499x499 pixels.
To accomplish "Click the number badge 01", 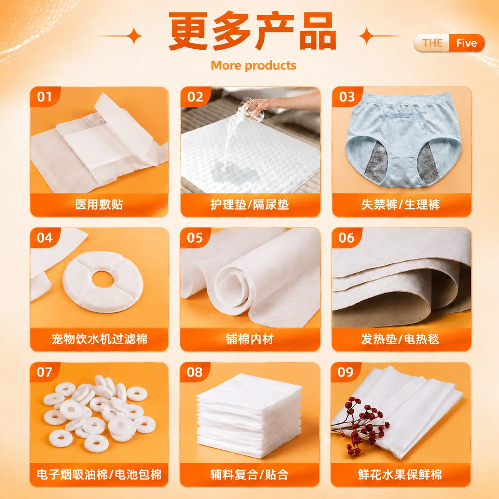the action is click(x=44, y=97).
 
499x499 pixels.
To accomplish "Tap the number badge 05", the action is click(x=195, y=238).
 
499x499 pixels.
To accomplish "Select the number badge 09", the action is click(x=345, y=372).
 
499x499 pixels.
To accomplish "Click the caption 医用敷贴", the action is click(x=99, y=204).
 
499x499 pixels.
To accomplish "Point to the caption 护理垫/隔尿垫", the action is click(x=249, y=205).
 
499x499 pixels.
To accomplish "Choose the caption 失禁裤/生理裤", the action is click(x=401, y=205).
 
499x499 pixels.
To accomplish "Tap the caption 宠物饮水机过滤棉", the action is click(x=99, y=339).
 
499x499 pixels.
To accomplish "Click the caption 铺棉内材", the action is click(x=249, y=339).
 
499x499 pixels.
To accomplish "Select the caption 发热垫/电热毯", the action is click(x=400, y=339).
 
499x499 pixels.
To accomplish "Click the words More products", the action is click(x=253, y=66).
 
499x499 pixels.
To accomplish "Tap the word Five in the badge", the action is click(x=466, y=43).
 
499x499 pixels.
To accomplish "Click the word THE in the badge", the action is click(x=432, y=43).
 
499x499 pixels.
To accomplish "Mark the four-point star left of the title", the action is click(x=134, y=36).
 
